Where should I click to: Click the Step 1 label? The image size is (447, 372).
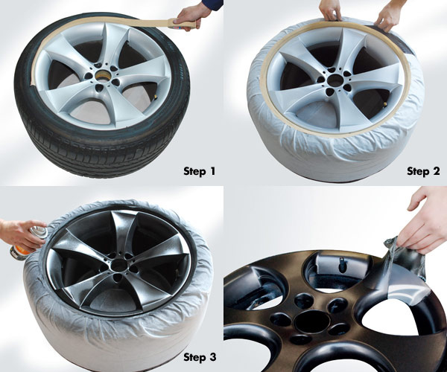199,171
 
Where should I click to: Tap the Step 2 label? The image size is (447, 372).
423,171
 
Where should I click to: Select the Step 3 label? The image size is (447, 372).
200,357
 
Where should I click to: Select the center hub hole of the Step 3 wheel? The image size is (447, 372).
118,266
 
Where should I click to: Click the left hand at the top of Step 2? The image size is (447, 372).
331,10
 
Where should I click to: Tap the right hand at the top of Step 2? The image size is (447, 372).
389,16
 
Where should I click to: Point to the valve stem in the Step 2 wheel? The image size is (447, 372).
385,103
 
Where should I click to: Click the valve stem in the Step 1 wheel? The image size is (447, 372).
156,98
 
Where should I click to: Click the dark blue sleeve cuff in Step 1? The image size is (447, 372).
213,4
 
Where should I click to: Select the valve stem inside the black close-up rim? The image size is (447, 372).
340,266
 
